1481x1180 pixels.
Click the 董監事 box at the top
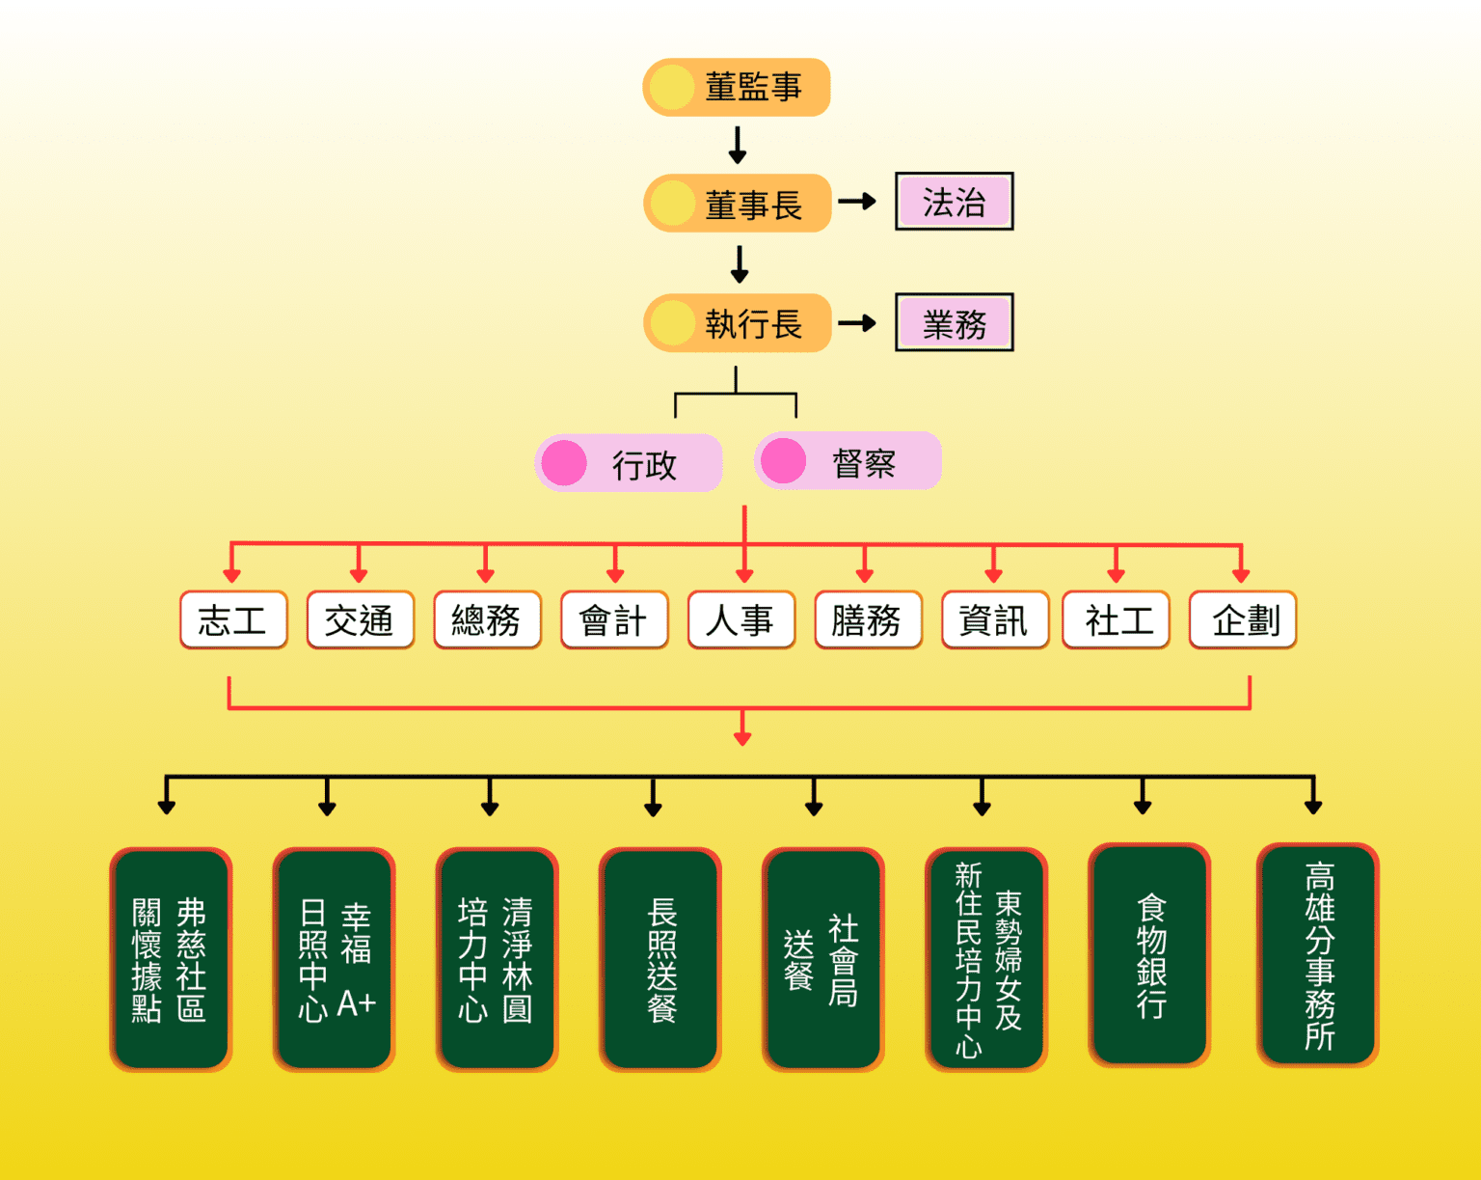click(737, 87)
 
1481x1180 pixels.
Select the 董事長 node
click(737, 204)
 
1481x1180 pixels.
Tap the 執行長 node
click(737, 323)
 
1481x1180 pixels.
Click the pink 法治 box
click(954, 202)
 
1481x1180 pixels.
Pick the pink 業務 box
click(954, 323)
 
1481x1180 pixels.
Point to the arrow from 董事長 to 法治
click(856, 202)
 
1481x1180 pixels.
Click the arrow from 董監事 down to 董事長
click(738, 145)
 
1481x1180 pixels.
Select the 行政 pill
click(629, 463)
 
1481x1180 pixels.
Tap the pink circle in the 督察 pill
click(783, 461)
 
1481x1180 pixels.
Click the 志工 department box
click(233, 619)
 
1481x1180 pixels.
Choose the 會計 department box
click(614, 619)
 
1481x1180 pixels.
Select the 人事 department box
click(740, 619)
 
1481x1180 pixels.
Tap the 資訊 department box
click(994, 619)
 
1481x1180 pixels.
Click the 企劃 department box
click(1243, 619)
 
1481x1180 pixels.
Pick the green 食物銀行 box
click(1149, 955)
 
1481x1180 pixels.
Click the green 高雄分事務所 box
click(1318, 955)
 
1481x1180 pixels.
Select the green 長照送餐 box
click(660, 959)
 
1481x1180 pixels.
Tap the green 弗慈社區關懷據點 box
click(171, 959)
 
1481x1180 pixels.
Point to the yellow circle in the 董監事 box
click(672, 87)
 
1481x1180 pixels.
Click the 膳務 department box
click(868, 619)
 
